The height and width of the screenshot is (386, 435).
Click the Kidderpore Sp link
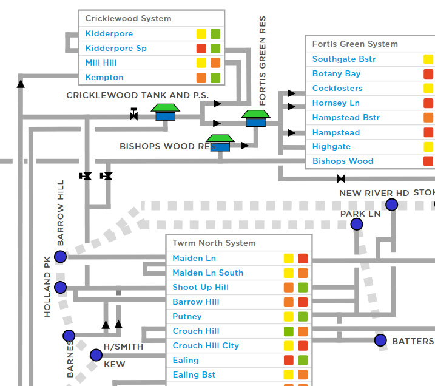116,49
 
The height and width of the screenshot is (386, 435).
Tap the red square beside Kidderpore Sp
201,49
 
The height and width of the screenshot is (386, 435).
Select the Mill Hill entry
101,63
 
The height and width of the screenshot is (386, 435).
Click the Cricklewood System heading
128,18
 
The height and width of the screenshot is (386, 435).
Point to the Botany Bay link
336,73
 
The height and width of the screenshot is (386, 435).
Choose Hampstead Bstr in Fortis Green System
346,117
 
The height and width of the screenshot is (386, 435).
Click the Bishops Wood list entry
343,161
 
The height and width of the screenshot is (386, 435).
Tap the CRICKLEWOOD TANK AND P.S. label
137,95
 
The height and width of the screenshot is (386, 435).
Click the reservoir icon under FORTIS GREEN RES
255,118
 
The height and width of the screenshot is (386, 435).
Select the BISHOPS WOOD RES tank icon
220,143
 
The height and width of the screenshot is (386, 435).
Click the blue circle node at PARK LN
357,224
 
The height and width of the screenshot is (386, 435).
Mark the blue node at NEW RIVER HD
391,205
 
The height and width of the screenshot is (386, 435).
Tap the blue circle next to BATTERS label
380,340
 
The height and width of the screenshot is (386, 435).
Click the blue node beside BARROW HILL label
60,257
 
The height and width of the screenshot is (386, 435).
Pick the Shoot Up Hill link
201,287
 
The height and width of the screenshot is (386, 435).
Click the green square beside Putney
303,316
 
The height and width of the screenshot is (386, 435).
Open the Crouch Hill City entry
206,345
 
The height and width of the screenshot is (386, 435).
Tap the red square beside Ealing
289,360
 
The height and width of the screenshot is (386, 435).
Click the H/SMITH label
123,347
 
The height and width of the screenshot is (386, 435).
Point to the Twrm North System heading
214,243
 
